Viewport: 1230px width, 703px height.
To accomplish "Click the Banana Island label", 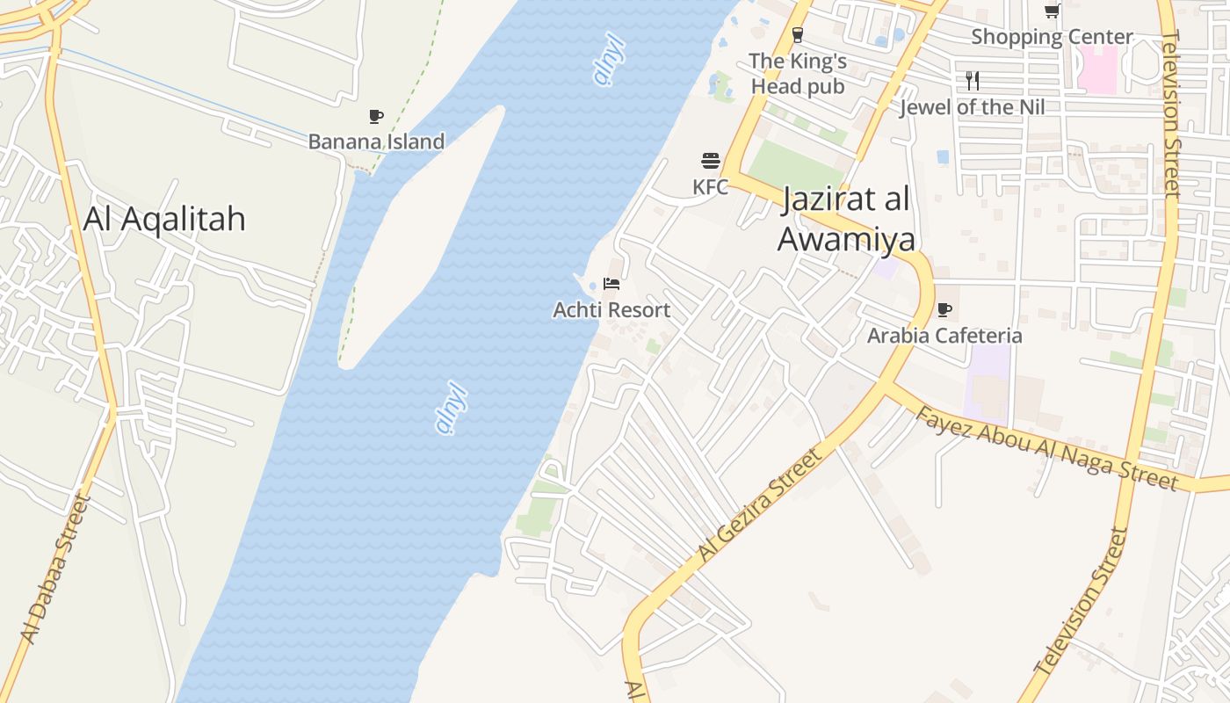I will click(376, 141).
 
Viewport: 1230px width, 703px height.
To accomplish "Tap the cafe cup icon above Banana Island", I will click(376, 116).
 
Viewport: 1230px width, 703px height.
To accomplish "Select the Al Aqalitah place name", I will click(164, 219).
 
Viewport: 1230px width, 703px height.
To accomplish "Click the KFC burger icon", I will click(711, 161).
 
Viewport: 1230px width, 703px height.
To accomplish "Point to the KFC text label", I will click(711, 187).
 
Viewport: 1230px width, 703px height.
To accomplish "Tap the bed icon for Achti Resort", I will click(611, 284).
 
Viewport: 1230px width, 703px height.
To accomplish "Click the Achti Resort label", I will click(611, 310).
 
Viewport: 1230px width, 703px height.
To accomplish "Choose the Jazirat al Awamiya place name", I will click(845, 219).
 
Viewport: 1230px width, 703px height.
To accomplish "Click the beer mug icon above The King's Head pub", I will click(798, 35).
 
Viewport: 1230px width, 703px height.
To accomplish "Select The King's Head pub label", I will click(798, 74).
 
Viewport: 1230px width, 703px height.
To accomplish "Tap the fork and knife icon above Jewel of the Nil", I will click(973, 81).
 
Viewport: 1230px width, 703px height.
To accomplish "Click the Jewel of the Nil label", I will click(973, 107).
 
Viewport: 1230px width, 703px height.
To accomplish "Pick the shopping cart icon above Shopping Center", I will click(1052, 11).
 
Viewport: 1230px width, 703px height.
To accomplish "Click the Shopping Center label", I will click(1052, 37).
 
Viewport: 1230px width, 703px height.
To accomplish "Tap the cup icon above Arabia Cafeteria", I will click(944, 309).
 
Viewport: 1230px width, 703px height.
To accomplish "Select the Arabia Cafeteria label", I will click(944, 336).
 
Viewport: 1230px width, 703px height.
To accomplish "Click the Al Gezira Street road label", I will click(761, 504).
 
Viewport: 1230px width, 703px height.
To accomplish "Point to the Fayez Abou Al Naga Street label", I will click(1045, 448).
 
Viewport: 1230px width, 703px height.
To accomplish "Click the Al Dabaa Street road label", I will click(54, 569).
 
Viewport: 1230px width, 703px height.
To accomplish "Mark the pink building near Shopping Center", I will click(1097, 69).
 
